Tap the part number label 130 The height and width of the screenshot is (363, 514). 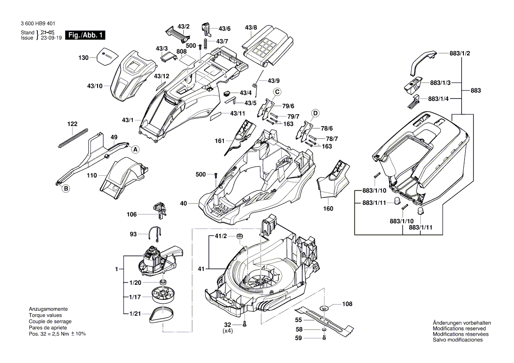[84, 58]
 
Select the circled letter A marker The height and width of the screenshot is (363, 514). [135, 149]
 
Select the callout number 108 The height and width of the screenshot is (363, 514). [347, 304]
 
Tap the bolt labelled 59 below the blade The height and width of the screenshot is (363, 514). [323, 338]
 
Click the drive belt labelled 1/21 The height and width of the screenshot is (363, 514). [163, 314]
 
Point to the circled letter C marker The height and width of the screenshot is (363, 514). [277, 92]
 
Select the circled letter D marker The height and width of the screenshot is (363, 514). [315, 113]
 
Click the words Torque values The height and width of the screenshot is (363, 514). [45, 316]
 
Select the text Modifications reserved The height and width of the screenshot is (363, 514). [459, 328]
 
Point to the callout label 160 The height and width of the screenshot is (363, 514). [328, 208]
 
